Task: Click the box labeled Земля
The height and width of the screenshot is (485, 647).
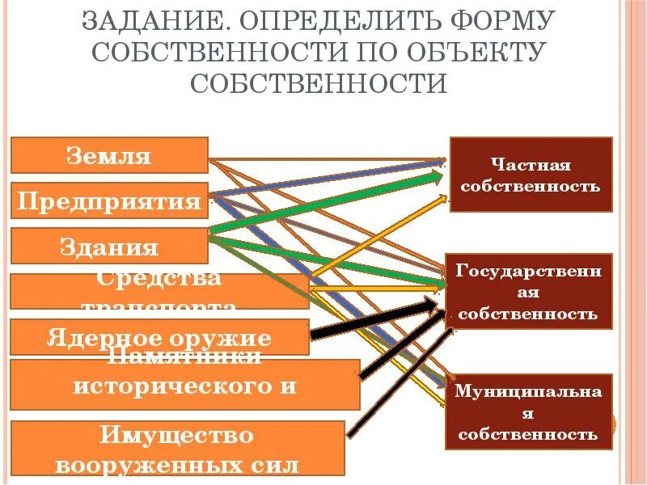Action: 109,155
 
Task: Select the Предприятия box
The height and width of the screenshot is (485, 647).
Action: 109,201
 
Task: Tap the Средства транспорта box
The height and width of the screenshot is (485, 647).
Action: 159,292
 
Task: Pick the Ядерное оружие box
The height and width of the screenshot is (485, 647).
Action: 159,337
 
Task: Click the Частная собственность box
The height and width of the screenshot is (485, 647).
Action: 531,175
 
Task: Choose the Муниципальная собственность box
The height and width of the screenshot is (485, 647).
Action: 528,412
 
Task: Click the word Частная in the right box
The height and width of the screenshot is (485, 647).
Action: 531,165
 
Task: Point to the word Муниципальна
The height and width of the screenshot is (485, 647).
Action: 528,391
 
